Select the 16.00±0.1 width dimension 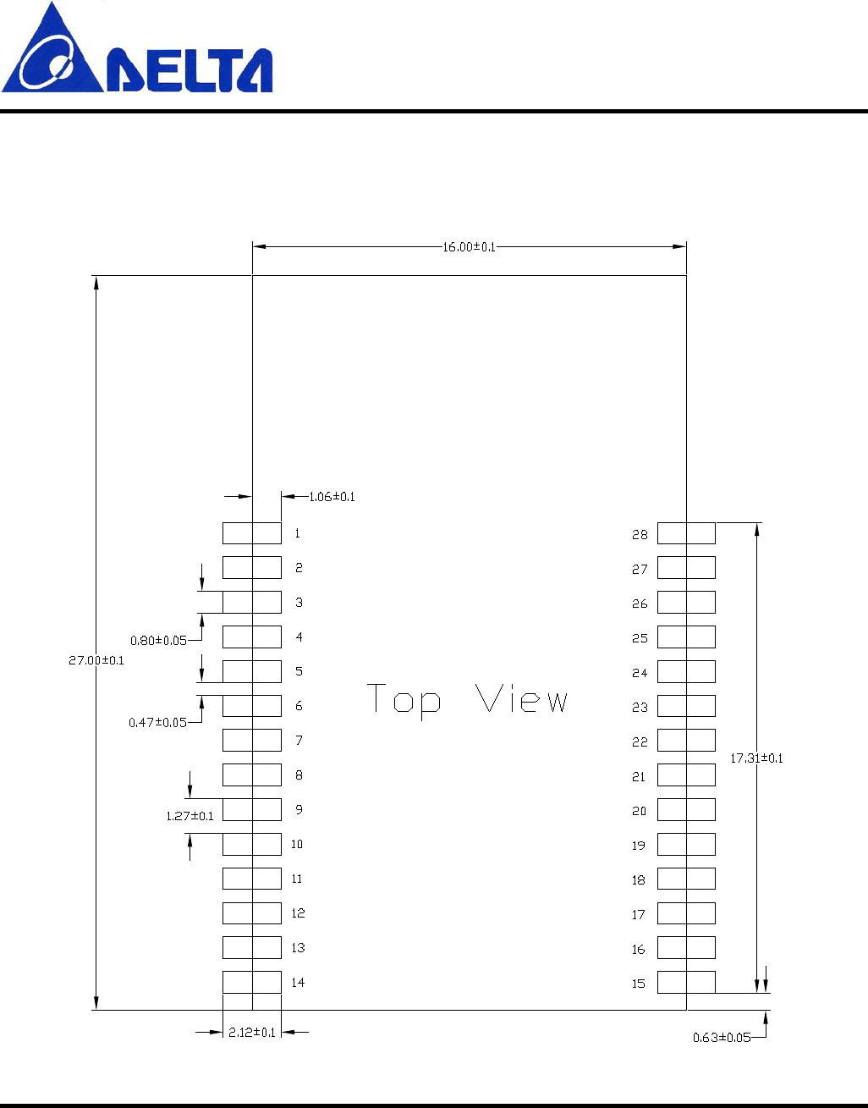(469, 246)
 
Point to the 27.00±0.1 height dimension (96, 660)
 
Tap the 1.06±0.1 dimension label (332, 497)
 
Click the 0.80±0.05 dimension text (158, 641)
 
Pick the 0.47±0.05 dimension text (157, 723)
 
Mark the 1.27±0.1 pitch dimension (190, 816)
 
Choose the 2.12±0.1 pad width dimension (252, 1033)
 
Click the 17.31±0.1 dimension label (756, 758)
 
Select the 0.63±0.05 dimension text (721, 1038)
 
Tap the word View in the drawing (521, 699)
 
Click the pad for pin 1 (252, 533)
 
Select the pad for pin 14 (252, 982)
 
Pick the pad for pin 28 (686, 533)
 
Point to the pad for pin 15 (686, 982)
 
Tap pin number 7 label (299, 741)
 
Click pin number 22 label (640, 742)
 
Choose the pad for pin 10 (252, 844)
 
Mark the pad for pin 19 (686, 844)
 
